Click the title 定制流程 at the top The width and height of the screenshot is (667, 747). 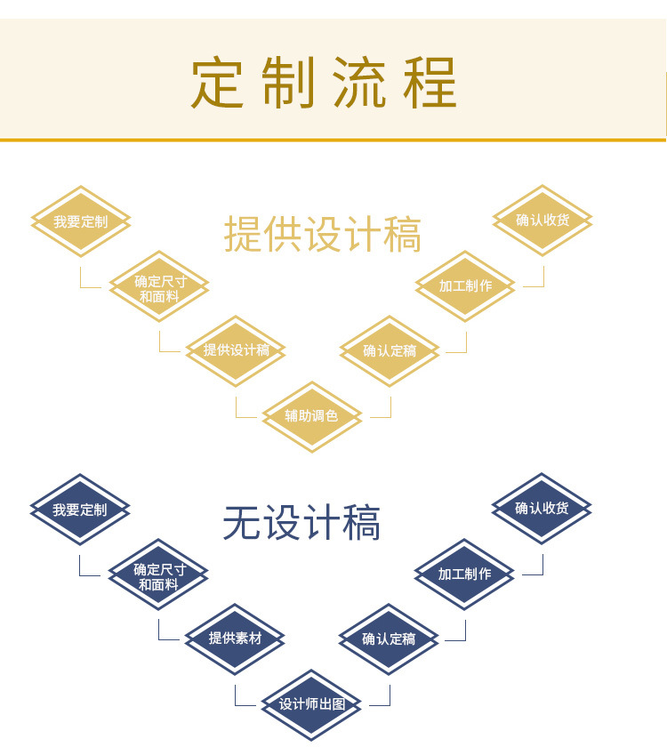pos(324,83)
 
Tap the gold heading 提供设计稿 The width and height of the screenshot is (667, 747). pos(322,234)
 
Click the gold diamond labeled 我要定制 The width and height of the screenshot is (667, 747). pos(80,221)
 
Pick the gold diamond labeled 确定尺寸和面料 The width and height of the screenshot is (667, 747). pos(159,287)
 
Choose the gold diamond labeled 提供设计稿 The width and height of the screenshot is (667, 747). pos(236,350)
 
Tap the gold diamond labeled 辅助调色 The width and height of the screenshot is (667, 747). pos(311,415)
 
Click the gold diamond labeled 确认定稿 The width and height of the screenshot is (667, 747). pos(390,350)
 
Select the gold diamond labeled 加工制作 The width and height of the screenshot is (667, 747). pos(465,285)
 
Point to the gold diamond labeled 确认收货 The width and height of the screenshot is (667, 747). pos(542,221)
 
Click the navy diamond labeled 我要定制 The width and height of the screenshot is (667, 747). pos(80,510)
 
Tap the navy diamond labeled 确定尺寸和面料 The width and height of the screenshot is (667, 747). pos(158,575)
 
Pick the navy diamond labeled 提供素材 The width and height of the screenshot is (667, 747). pos(235,638)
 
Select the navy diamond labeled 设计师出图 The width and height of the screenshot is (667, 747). pos(311,704)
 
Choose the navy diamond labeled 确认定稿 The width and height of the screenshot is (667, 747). pos(389,638)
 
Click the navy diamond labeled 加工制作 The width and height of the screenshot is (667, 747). pos(464,574)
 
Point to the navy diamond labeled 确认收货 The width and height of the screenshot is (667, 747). pos(542,509)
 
